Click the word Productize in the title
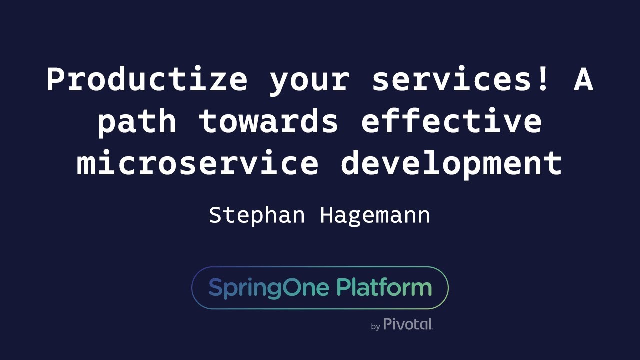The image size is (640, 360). [x=147, y=80]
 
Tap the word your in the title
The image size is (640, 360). [x=309, y=80]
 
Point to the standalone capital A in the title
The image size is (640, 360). [x=583, y=80]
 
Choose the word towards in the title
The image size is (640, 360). [x=268, y=121]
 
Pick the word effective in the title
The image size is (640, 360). [x=451, y=121]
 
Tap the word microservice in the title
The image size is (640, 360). [x=197, y=163]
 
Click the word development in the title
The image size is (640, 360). [x=451, y=163]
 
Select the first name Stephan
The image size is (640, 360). [x=256, y=216]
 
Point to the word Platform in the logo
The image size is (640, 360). [x=383, y=288]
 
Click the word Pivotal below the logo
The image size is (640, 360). [x=408, y=324]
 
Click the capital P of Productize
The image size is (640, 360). [x=56, y=80]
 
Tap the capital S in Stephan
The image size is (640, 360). [x=215, y=216]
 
